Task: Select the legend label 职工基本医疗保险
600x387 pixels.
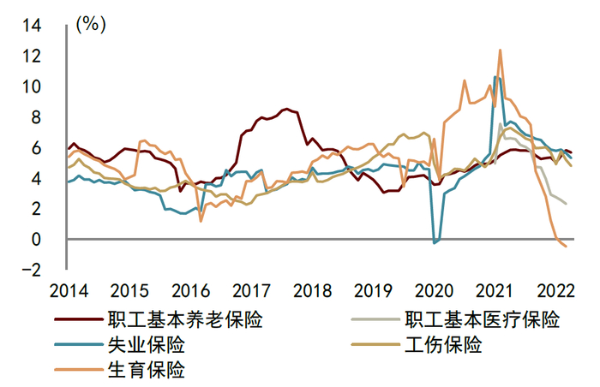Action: [483, 321]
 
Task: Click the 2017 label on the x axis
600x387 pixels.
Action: [252, 289]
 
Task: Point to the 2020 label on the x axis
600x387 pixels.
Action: [434, 289]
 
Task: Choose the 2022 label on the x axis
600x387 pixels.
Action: [555, 289]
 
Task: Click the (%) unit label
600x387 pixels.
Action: [91, 24]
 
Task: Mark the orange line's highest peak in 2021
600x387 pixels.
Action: [500, 51]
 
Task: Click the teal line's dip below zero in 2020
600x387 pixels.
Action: [435, 243]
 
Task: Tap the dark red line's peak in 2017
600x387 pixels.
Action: [287, 109]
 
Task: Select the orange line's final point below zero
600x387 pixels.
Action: [566, 247]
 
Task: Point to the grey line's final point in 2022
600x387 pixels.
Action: [566, 204]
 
